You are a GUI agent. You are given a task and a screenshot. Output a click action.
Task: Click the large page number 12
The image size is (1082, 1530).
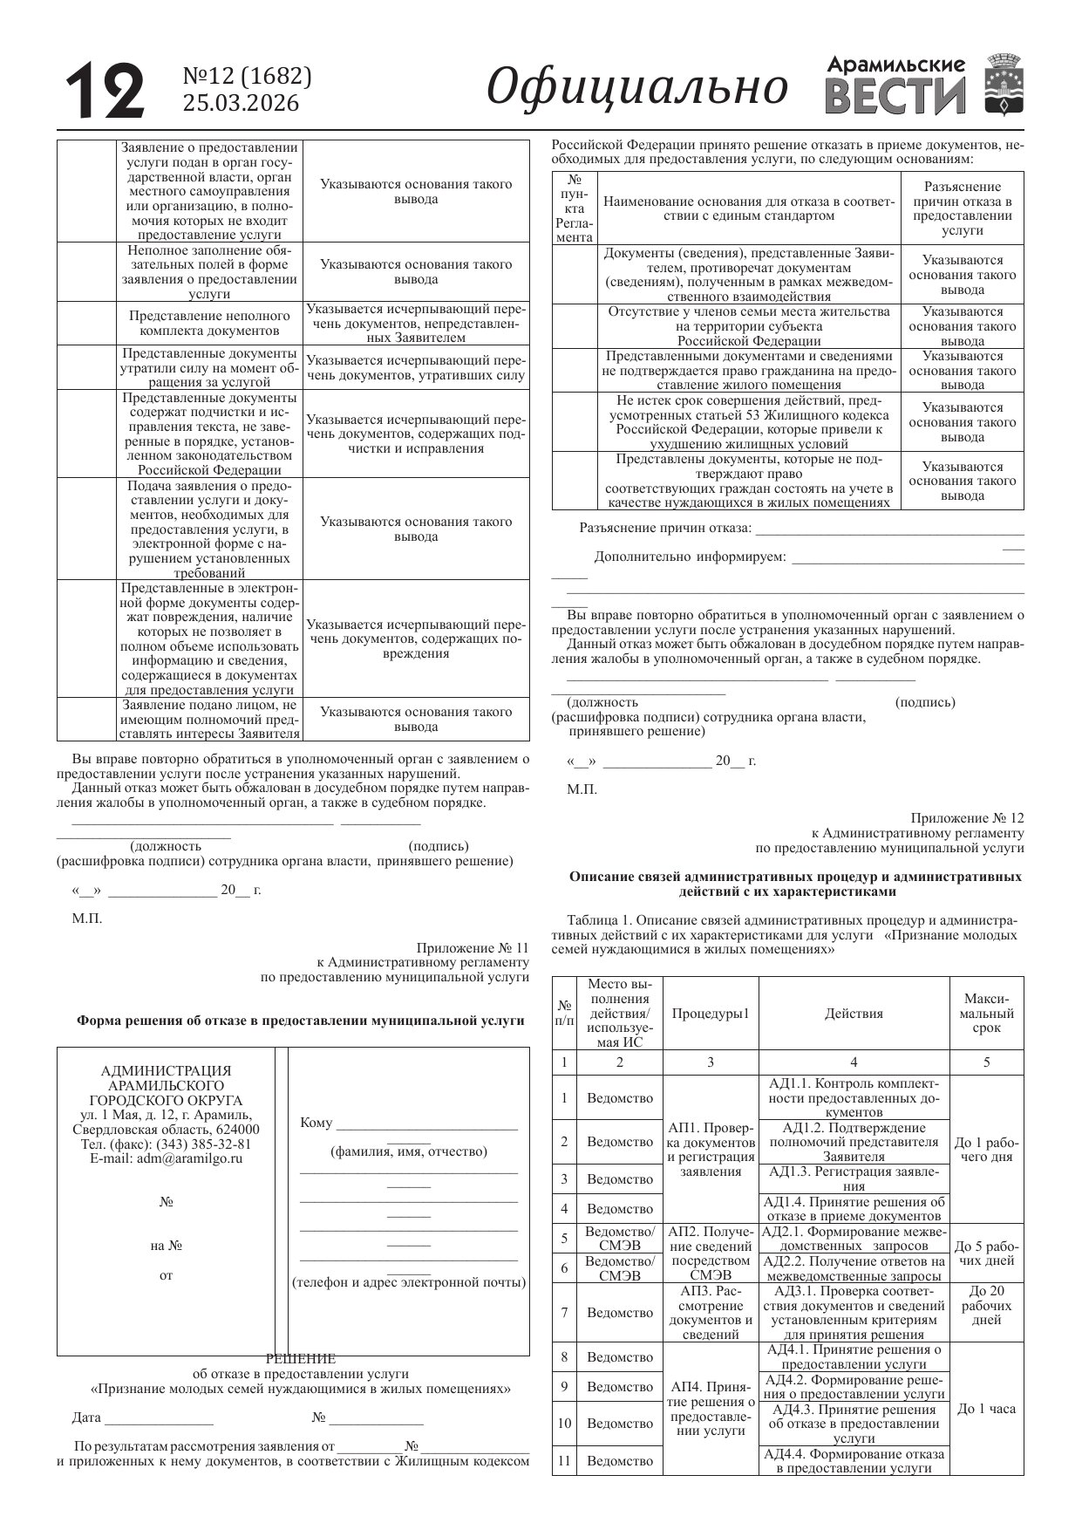coord(105,90)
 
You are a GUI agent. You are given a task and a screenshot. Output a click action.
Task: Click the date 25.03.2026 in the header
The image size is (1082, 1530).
coord(241,104)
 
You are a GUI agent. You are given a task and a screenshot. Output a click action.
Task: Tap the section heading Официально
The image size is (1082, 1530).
coord(637,87)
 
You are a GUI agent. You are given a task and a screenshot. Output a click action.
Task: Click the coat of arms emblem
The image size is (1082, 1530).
coord(1003,85)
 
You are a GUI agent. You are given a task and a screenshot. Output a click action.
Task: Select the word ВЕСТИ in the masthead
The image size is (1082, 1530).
coord(895,98)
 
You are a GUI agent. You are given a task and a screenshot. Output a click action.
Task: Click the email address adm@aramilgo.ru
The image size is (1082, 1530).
coord(166,1158)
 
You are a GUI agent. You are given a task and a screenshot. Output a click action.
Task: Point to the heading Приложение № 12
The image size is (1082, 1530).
coord(967,818)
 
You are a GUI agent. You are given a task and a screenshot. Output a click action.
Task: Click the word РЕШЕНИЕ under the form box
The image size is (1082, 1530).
coord(300,1358)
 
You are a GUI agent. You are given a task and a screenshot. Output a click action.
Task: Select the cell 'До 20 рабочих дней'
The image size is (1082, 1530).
coord(986,1305)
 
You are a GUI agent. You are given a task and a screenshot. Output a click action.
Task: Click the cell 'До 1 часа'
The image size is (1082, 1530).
coord(986,1409)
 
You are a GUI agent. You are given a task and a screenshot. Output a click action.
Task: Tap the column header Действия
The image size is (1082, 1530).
coord(854,1014)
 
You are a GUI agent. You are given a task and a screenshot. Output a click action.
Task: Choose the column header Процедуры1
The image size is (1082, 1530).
coord(711,1014)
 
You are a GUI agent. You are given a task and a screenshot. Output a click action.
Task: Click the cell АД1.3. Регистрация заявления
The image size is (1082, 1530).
coord(854,1178)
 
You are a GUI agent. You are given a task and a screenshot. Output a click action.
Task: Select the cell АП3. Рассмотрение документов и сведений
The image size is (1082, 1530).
coord(711,1312)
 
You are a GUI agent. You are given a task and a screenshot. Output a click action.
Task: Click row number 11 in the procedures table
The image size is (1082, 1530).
coord(564,1460)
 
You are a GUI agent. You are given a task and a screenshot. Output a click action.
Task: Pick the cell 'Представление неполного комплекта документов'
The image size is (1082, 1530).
coord(209,324)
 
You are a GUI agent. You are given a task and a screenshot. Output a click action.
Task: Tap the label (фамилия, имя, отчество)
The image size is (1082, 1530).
coord(408,1151)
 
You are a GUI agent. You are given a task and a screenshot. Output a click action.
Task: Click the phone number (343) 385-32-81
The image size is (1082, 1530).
coord(203,1144)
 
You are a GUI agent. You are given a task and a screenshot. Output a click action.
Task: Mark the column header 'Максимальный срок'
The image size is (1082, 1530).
coord(986,1014)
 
